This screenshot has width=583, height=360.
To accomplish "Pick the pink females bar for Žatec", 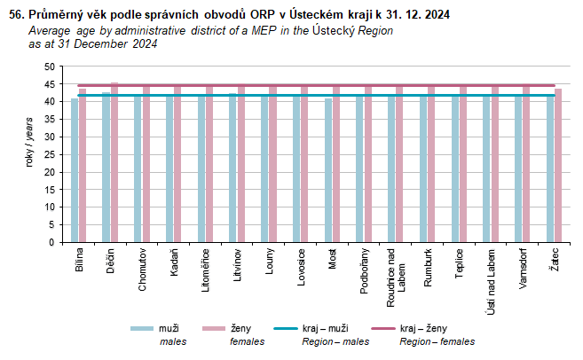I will click(x=558, y=166).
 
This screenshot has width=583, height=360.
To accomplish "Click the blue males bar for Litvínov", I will click(x=233, y=168).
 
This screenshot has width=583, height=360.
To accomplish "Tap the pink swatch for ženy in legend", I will click(x=213, y=329).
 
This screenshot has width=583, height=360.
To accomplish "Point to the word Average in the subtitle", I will click(x=51, y=30).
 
